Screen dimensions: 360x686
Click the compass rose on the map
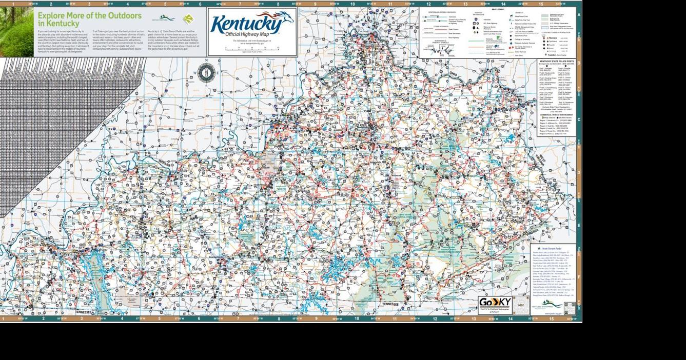[206, 73]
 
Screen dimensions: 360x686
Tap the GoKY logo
[495, 303]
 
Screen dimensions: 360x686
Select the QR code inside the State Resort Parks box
[570, 308]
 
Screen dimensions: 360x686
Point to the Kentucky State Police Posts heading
[556, 61]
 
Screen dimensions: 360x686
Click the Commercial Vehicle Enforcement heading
[556, 115]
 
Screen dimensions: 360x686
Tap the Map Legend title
[497, 10]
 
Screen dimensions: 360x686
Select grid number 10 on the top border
[352, 4]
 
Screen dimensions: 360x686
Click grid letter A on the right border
[579, 15]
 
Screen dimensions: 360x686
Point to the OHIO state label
[454, 73]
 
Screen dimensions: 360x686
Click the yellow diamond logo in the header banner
[188, 19]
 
